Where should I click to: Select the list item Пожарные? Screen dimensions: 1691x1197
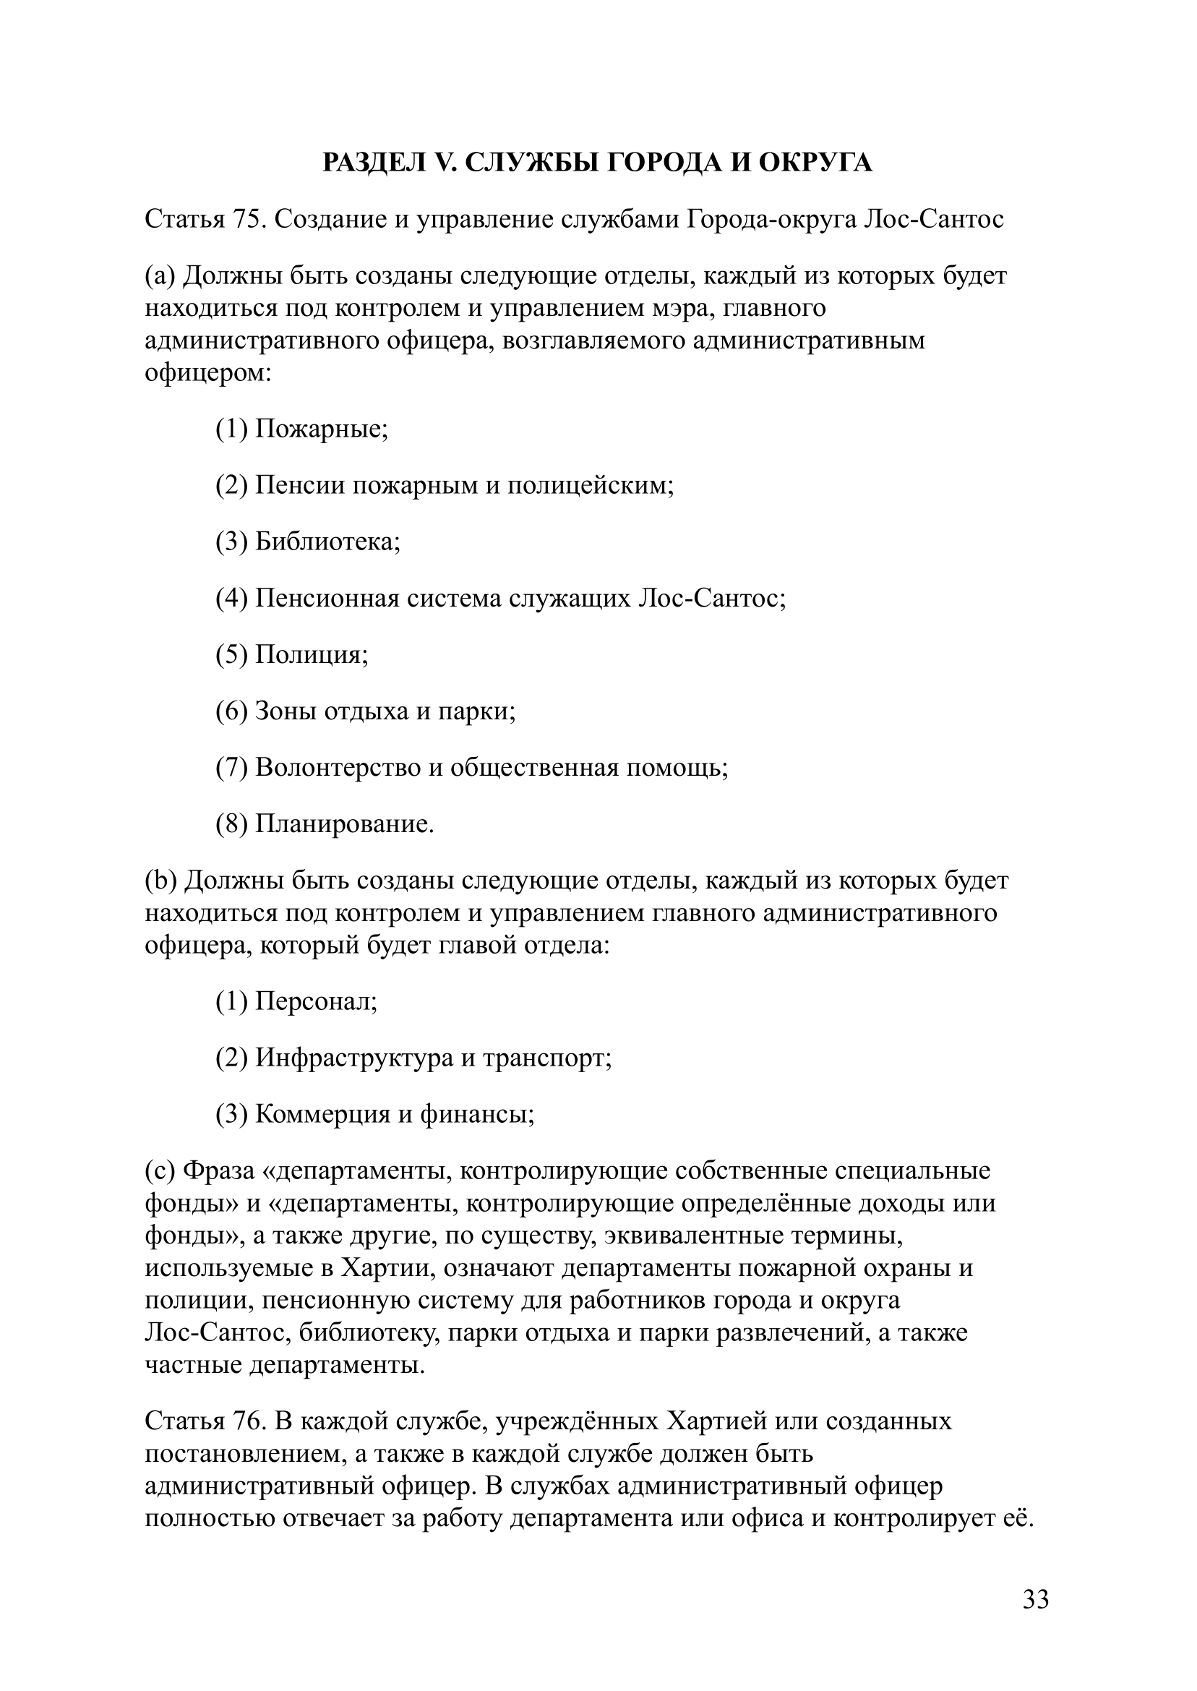pos(321,427)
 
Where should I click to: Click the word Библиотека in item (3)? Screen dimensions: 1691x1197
pos(327,541)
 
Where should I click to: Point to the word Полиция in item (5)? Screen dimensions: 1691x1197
pos(311,654)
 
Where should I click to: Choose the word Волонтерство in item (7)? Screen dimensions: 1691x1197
pos(338,767)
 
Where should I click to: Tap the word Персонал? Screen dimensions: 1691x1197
pos(316,1001)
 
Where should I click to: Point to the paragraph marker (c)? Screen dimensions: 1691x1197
pos(159,1170)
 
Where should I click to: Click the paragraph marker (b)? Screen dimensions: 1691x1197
pos(160,880)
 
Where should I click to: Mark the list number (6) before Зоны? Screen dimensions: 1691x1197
pos(231,711)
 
